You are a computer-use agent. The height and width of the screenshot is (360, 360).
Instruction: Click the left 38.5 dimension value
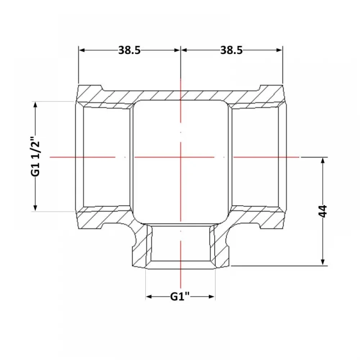tap(129, 50)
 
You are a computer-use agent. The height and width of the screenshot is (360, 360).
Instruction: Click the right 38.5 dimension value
tap(231, 50)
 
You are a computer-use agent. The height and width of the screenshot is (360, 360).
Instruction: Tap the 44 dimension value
tap(323, 211)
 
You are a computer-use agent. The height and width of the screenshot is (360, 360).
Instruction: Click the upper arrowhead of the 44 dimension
tap(323, 161)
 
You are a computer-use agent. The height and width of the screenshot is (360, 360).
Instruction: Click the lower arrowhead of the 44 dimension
tap(323, 262)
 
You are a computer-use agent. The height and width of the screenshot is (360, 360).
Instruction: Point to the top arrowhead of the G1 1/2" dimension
tap(35, 105)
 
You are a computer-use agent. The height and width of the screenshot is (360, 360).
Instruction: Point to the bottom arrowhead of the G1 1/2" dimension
tap(35, 208)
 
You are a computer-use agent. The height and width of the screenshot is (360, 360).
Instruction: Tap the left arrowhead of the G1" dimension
tap(149, 297)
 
